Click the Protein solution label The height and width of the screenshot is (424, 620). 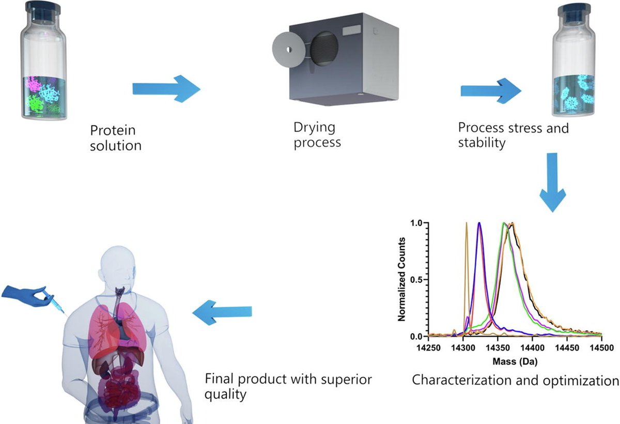[116, 137]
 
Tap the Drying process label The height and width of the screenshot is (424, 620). [317, 134]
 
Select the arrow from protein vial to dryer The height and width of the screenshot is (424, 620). [166, 88]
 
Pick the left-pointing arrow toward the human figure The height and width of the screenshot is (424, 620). [222, 312]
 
